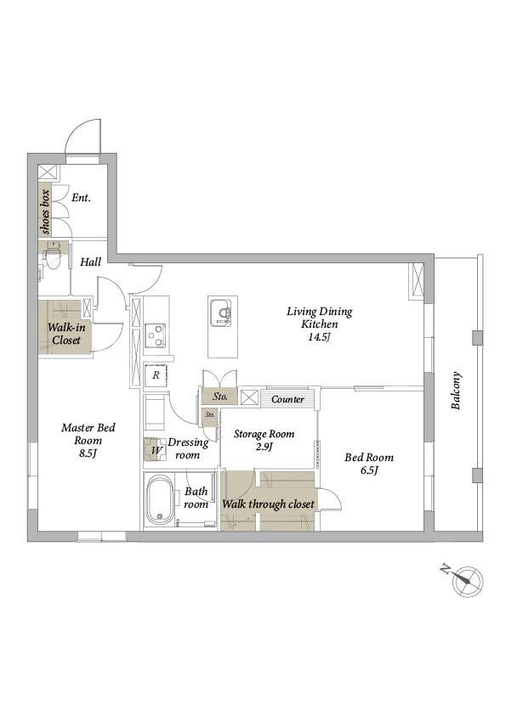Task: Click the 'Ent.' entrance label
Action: (81, 198)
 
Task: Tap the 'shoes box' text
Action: (45, 211)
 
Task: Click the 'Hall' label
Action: (90, 262)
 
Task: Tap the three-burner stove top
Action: (156, 335)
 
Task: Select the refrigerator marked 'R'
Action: (156, 375)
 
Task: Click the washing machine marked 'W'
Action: (156, 450)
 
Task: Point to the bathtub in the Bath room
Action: (160, 501)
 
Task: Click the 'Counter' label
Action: (287, 399)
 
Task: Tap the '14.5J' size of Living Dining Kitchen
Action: (320, 338)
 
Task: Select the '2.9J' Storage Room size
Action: (264, 447)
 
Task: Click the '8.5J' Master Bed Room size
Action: (88, 453)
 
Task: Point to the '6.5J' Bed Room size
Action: (369, 470)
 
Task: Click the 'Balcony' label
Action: (456, 391)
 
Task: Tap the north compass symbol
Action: (467, 581)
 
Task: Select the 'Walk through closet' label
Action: (268, 504)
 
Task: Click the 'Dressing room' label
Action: (188, 448)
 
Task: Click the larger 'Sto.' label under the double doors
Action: (220, 397)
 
